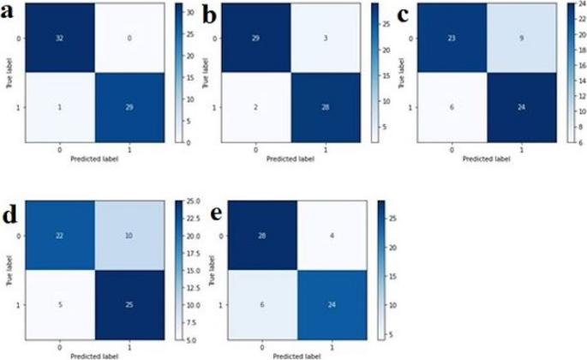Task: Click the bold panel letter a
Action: tap(10, 15)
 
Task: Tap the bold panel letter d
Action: tap(10, 214)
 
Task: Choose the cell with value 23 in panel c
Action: tap(452, 39)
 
